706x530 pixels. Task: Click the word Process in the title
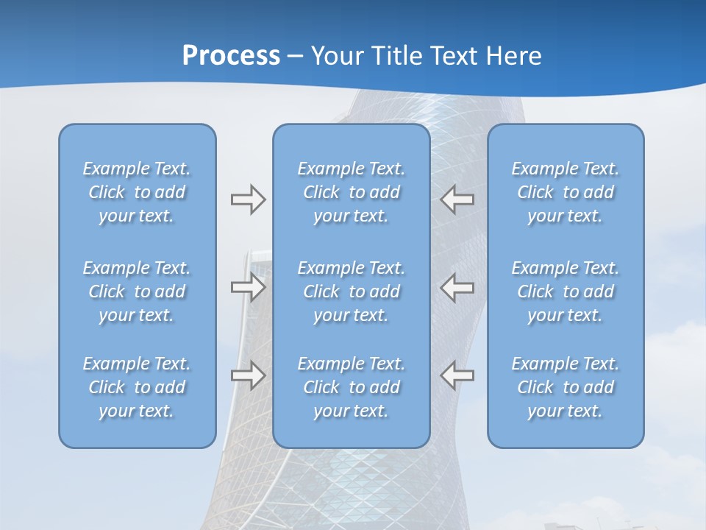coord(231,56)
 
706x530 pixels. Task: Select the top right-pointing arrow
coord(249,199)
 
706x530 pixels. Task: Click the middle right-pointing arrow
coord(249,287)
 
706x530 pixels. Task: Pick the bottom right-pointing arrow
coord(249,375)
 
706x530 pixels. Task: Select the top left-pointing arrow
coord(457,199)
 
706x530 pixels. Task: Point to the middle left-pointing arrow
coord(457,287)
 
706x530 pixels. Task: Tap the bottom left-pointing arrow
coord(457,375)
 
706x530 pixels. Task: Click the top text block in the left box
coord(137,192)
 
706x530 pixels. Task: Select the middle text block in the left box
coord(137,291)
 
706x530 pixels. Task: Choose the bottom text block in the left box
coord(137,387)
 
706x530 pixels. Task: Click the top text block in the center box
coord(352,192)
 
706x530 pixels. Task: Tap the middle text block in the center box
coord(352,291)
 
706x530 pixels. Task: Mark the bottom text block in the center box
coord(352,387)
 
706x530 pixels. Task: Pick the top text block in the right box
coord(566,192)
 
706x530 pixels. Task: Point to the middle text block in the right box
coord(566,291)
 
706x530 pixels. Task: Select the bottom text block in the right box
coord(566,387)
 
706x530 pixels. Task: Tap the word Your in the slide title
coord(336,56)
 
